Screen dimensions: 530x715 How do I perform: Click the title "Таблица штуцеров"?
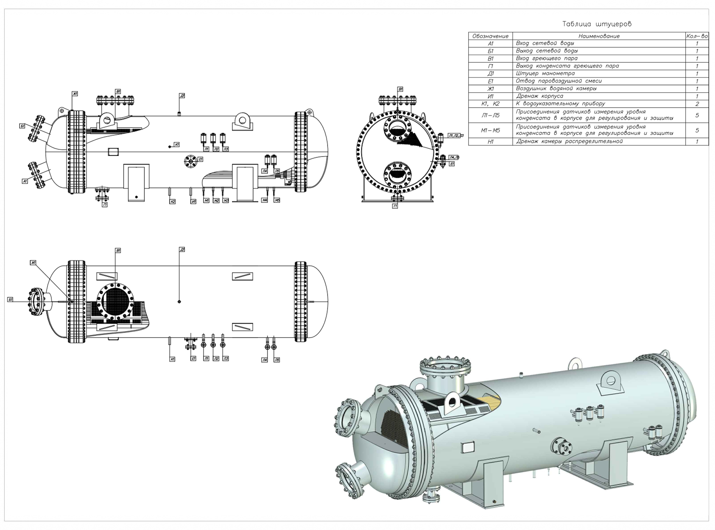(x=597, y=24)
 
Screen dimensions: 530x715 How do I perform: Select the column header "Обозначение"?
(x=490, y=36)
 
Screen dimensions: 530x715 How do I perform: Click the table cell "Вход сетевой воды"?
(x=545, y=43)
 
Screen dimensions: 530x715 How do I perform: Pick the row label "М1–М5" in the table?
(x=490, y=130)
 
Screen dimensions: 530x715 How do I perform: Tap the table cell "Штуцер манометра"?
(x=545, y=73)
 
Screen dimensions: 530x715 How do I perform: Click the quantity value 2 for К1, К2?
(x=697, y=104)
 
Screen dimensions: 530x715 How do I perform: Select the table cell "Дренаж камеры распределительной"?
(x=569, y=141)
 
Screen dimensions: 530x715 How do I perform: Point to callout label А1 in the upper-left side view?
(x=25, y=181)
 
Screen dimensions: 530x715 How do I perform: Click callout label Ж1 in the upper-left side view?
(x=75, y=94)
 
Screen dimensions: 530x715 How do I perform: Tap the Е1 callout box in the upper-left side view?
(x=200, y=159)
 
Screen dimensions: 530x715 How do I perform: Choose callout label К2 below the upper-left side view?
(x=172, y=202)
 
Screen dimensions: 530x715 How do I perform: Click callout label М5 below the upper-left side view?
(x=277, y=200)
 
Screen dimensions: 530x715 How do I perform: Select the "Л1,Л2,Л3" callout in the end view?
(x=455, y=136)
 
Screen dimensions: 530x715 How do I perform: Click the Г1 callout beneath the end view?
(x=395, y=206)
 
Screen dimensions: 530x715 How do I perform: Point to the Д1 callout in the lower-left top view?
(x=182, y=249)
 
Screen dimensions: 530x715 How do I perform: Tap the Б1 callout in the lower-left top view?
(x=10, y=299)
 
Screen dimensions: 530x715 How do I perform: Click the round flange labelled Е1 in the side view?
(x=190, y=162)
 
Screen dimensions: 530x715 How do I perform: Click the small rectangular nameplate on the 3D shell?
(x=467, y=447)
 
